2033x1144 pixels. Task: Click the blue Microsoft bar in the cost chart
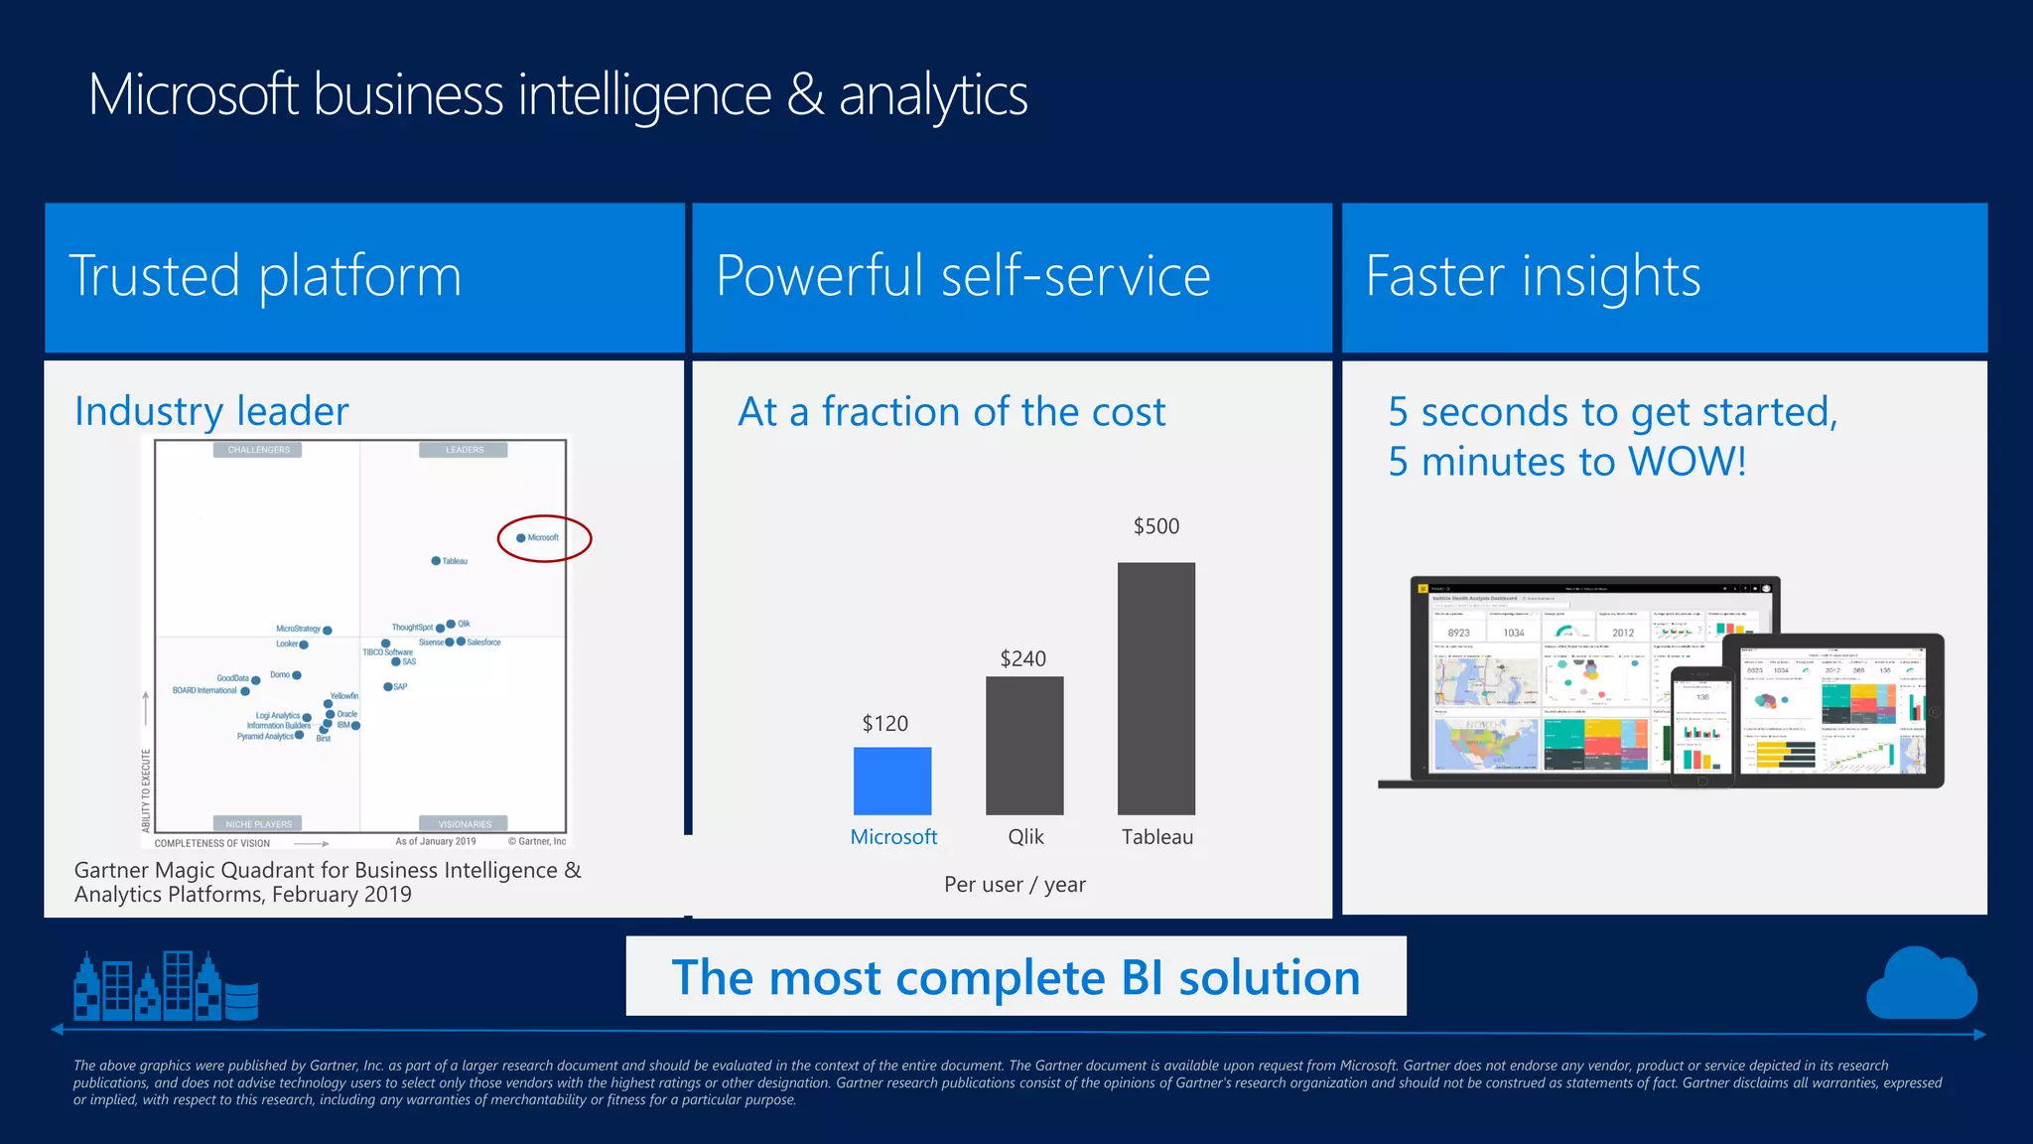click(892, 781)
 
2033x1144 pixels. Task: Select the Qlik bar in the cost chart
click(1024, 746)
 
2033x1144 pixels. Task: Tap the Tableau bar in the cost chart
click(1156, 688)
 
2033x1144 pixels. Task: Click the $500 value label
click(1156, 526)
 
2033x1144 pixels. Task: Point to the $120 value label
click(884, 723)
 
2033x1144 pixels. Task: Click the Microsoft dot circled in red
click(521, 538)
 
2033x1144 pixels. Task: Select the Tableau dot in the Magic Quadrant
click(436, 561)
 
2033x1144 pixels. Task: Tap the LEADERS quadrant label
click(464, 450)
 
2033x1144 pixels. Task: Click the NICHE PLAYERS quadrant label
click(258, 824)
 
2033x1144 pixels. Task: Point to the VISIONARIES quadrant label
click(465, 824)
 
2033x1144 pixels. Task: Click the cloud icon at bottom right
click(1921, 985)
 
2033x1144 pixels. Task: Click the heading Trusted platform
click(265, 275)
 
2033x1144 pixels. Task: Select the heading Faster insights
click(1533, 275)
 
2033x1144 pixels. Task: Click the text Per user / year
click(1015, 884)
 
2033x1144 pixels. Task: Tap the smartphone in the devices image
click(1701, 723)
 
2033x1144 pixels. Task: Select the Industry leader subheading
click(211, 411)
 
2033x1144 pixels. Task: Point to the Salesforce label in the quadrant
click(483, 643)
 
